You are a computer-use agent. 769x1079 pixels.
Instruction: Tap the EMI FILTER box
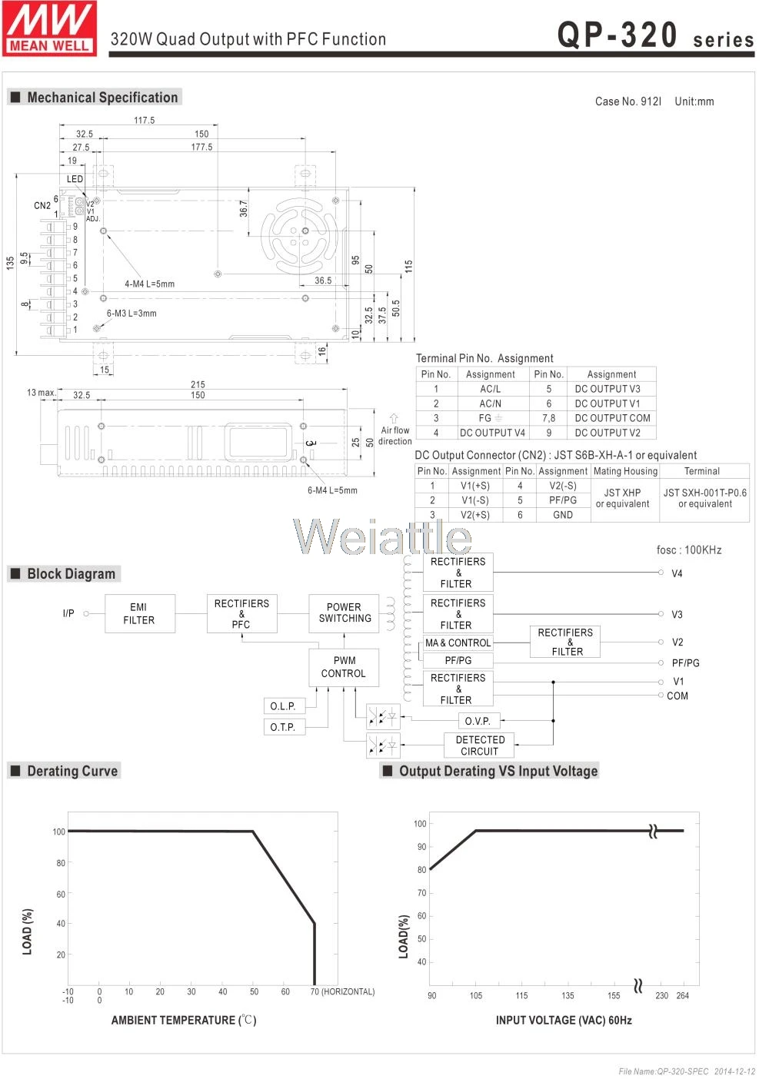(140, 613)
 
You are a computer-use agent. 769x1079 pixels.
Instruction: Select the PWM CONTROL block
(344, 667)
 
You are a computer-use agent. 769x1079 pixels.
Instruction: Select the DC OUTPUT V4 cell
(493, 433)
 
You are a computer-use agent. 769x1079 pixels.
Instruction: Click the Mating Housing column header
(625, 471)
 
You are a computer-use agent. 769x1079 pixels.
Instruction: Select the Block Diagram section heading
(71, 574)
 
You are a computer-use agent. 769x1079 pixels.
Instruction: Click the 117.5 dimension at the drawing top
(144, 120)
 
